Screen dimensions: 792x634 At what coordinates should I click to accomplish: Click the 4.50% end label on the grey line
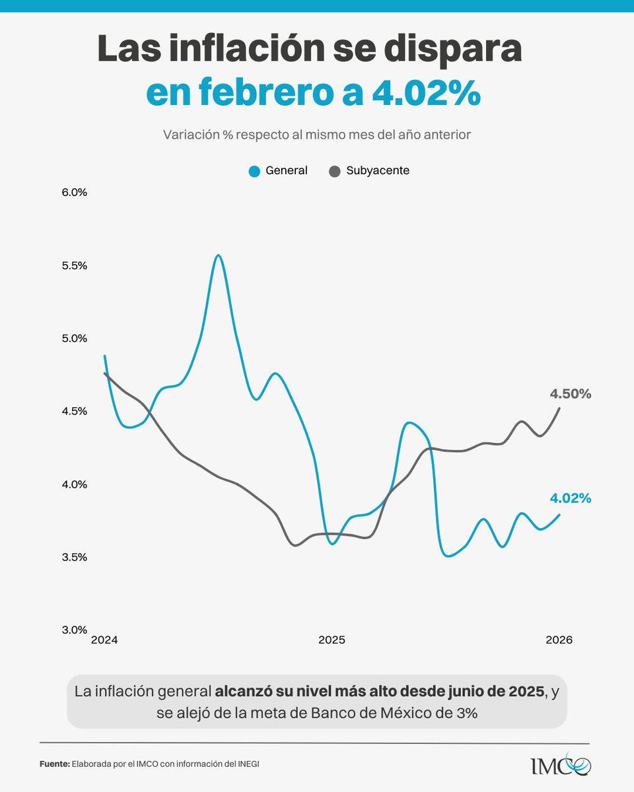tap(570, 394)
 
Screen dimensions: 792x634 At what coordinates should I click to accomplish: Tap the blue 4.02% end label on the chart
tap(570, 498)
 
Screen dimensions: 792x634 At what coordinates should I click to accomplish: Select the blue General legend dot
tap(254, 171)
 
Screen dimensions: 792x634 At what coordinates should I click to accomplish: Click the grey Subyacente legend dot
tap(335, 171)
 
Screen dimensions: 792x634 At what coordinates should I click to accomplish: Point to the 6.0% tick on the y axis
tap(75, 193)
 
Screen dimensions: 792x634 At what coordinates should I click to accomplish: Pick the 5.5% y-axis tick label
tap(75, 265)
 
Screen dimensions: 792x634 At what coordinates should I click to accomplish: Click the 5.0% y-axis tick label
tap(75, 338)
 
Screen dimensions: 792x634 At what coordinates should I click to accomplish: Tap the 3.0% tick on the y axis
tap(75, 630)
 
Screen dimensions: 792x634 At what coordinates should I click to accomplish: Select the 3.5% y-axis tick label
tap(75, 556)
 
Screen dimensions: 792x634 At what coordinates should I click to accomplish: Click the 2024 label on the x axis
tap(104, 640)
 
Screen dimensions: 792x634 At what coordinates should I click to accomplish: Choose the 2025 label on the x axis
tap(332, 640)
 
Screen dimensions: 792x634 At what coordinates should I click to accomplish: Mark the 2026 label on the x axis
tap(559, 640)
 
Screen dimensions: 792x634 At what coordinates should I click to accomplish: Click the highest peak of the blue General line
tap(218, 255)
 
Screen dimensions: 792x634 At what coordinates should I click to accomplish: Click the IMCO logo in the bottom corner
tap(561, 766)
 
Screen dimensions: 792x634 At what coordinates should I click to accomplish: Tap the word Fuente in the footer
tap(54, 764)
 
